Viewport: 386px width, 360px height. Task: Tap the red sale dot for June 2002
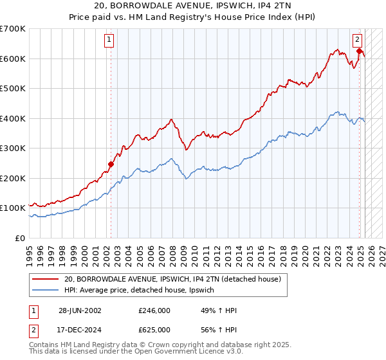[x=111, y=164]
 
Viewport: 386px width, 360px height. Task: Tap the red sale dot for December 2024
[x=360, y=51]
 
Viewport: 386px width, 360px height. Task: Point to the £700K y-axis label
[x=13, y=29]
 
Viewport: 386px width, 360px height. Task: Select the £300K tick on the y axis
[x=13, y=148]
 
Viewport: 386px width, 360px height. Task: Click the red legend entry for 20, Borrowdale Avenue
[x=172, y=280]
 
